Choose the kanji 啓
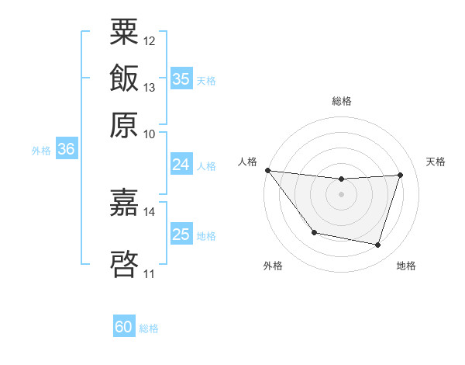(x=124, y=262)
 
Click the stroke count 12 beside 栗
(x=150, y=40)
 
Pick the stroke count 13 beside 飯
(x=150, y=87)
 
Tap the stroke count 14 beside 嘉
(x=150, y=211)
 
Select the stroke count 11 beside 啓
(x=150, y=273)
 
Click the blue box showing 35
(x=181, y=79)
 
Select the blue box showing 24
(x=181, y=165)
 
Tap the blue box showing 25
(x=181, y=235)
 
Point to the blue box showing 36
(x=66, y=149)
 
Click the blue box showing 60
(x=124, y=328)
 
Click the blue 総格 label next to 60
(x=149, y=328)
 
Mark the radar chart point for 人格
(x=267, y=170)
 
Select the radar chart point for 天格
(x=400, y=176)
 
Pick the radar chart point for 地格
(x=377, y=245)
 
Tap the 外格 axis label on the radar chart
(x=272, y=266)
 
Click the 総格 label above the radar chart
(x=341, y=101)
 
